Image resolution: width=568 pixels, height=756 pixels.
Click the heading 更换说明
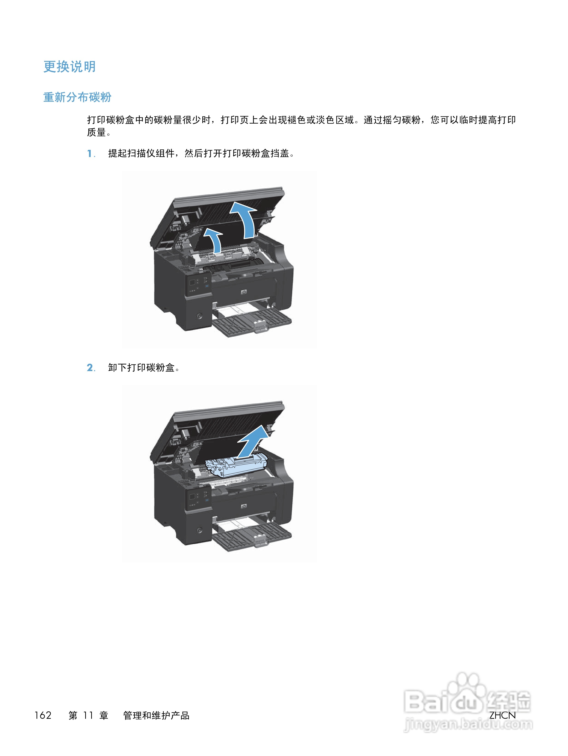coord(69,67)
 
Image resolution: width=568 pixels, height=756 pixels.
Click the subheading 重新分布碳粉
coord(77,97)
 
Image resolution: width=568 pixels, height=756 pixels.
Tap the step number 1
coord(90,153)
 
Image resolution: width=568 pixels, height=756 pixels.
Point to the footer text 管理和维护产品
coord(156,715)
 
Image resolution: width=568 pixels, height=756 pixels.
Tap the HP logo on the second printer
coord(244,506)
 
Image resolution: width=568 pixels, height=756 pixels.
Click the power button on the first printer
coord(200,316)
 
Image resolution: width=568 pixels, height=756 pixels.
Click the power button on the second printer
coord(200,530)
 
